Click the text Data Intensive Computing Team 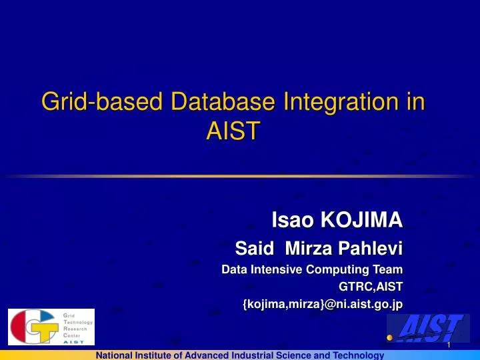[x=311, y=270]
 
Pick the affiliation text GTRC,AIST [x=371, y=287]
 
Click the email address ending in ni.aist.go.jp [x=323, y=304]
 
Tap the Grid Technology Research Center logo [x=51, y=327]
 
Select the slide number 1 [x=449, y=345]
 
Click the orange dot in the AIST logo [x=390, y=337]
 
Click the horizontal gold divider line [x=240, y=176]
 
